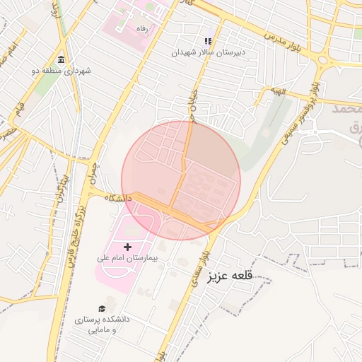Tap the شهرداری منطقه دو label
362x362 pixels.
(x=62, y=71)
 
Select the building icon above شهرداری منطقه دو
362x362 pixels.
(x=62, y=59)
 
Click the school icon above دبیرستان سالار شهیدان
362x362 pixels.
(x=207, y=41)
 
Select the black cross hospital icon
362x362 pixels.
(x=128, y=246)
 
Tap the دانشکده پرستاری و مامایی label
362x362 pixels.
(x=103, y=325)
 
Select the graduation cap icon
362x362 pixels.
(x=102, y=309)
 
